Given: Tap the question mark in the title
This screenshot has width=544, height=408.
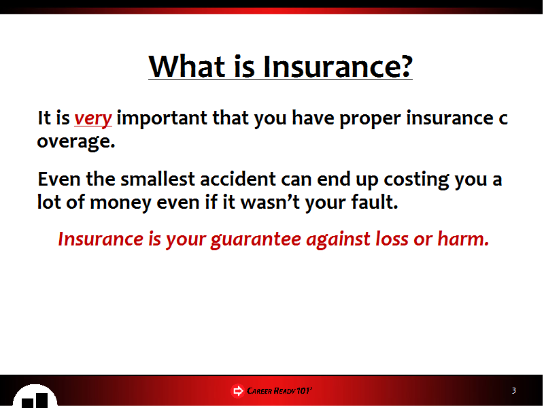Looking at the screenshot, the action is [x=404, y=66].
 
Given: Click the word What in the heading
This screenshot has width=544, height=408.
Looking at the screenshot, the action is [x=187, y=66].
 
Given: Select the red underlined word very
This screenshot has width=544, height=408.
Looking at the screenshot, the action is [x=93, y=119].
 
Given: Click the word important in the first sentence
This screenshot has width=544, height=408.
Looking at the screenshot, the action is [x=162, y=119].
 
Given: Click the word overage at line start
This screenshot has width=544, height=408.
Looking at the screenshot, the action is [x=76, y=142].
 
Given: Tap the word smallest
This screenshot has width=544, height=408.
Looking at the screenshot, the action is [x=158, y=179].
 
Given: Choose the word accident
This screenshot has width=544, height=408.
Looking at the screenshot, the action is [x=238, y=179].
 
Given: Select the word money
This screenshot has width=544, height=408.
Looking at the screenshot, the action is [x=120, y=203].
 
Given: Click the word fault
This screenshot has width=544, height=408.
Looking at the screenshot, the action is [x=375, y=201].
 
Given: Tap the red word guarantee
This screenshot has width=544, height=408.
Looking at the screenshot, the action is [x=256, y=240].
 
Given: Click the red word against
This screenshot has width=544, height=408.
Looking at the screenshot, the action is [x=338, y=240].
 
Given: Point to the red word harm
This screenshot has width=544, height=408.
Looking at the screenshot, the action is [x=463, y=239].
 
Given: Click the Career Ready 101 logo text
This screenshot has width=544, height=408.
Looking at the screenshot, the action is [x=279, y=391].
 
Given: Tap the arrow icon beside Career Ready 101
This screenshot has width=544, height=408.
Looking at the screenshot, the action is [x=237, y=391].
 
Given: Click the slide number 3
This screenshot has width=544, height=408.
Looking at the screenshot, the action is [x=514, y=390].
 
